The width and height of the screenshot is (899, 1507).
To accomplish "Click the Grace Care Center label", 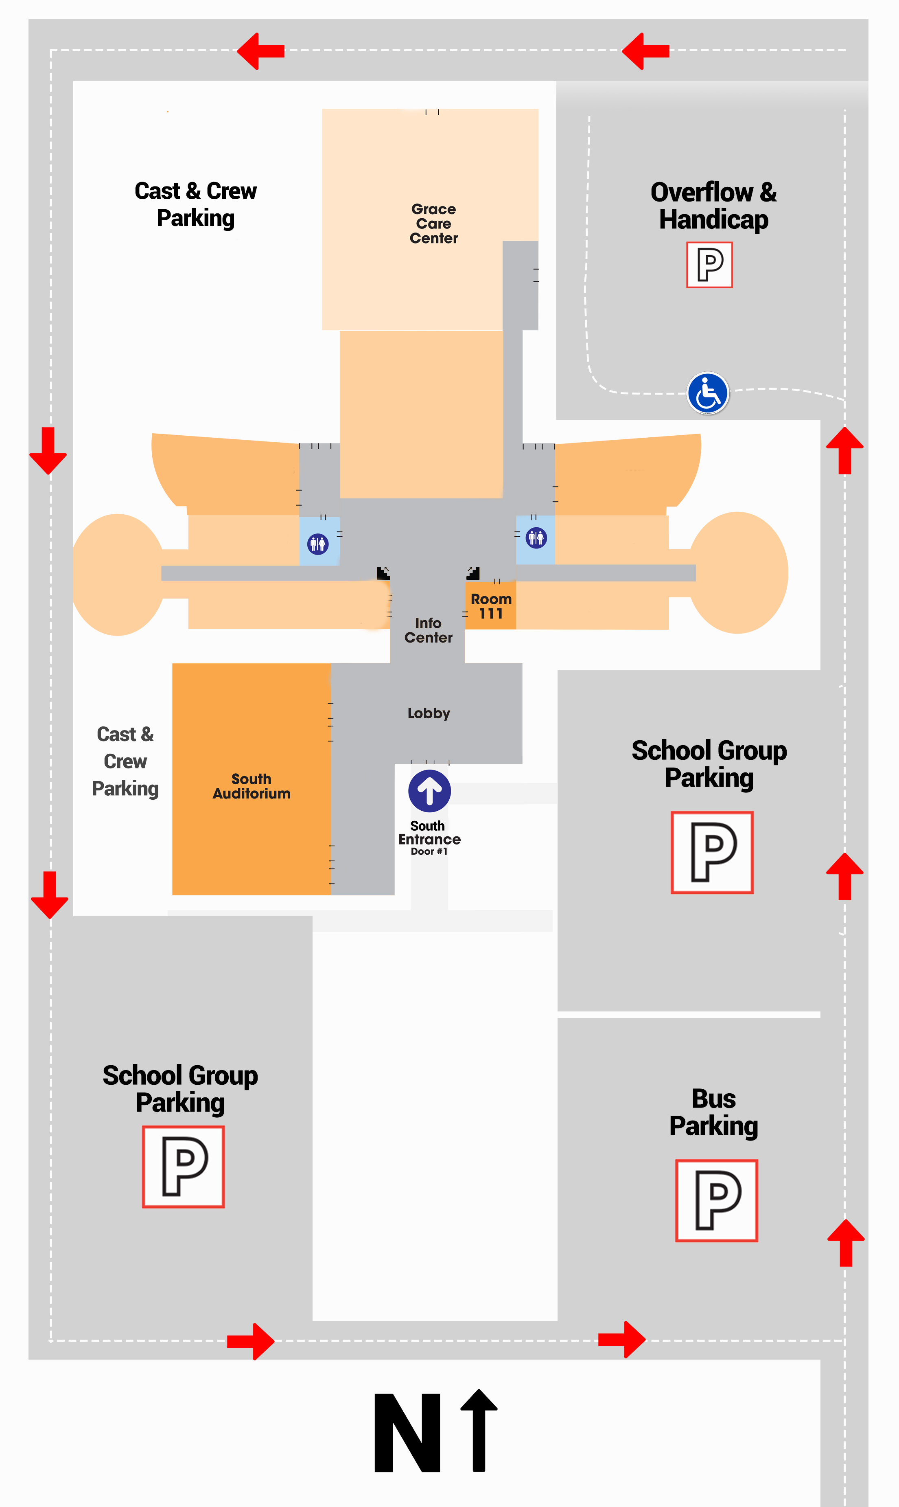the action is point(434,224).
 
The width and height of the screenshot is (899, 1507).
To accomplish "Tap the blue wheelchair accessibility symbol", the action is point(708,393).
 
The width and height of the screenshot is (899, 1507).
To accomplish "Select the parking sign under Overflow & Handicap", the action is point(709,265).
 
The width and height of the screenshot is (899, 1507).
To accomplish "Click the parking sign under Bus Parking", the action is point(717,1200).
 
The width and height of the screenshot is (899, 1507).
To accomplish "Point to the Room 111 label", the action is point(491,606).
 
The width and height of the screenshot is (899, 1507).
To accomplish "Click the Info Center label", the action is point(428,630).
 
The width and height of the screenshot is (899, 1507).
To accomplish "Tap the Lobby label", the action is point(429,713).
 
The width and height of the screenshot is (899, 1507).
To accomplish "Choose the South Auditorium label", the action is point(252,786).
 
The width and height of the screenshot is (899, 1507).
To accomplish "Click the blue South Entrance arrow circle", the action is point(429,791).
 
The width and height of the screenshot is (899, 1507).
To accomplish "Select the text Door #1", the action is point(429,851).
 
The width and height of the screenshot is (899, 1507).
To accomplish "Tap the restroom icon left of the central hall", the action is point(318,544).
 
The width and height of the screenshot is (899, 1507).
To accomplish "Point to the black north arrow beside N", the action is point(479,1430).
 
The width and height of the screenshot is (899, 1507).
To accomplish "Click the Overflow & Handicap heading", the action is point(714,206).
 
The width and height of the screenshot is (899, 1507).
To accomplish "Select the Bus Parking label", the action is point(714,1112).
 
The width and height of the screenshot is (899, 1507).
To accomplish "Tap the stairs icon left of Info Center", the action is point(383,573).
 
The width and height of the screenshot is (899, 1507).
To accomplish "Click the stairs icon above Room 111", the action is point(473,573).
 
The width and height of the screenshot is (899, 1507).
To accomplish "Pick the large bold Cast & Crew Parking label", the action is point(196,205).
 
